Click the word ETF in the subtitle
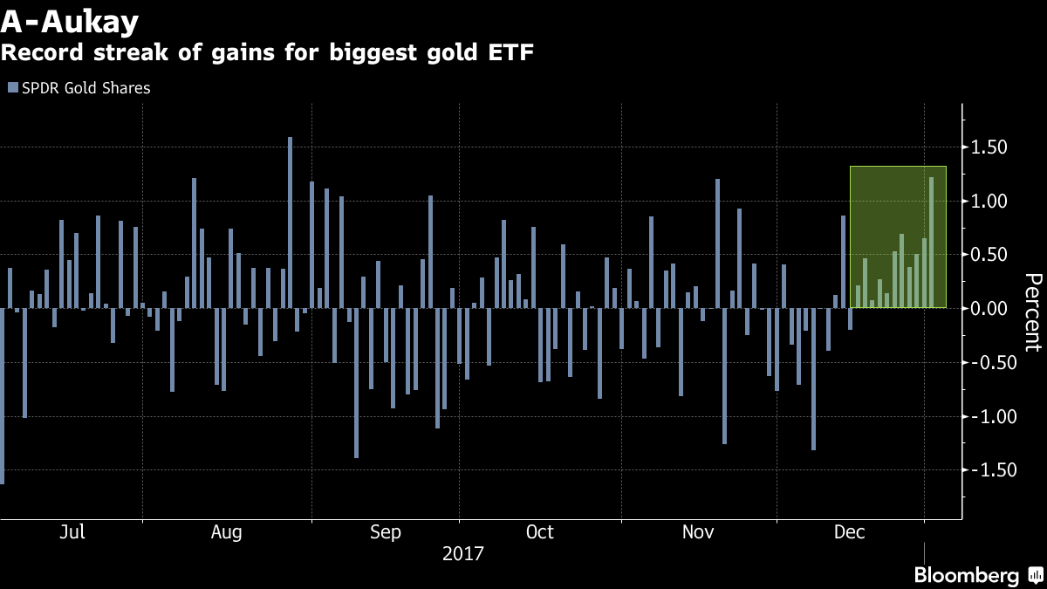click(510, 52)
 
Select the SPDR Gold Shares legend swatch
click(11, 88)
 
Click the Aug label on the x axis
click(227, 532)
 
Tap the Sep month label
click(386, 532)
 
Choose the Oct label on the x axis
click(540, 532)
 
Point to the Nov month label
click(697, 532)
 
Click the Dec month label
click(850, 532)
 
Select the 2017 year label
click(462, 554)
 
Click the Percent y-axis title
click(1032, 312)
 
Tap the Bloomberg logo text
click(966, 576)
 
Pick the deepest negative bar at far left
click(2, 396)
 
